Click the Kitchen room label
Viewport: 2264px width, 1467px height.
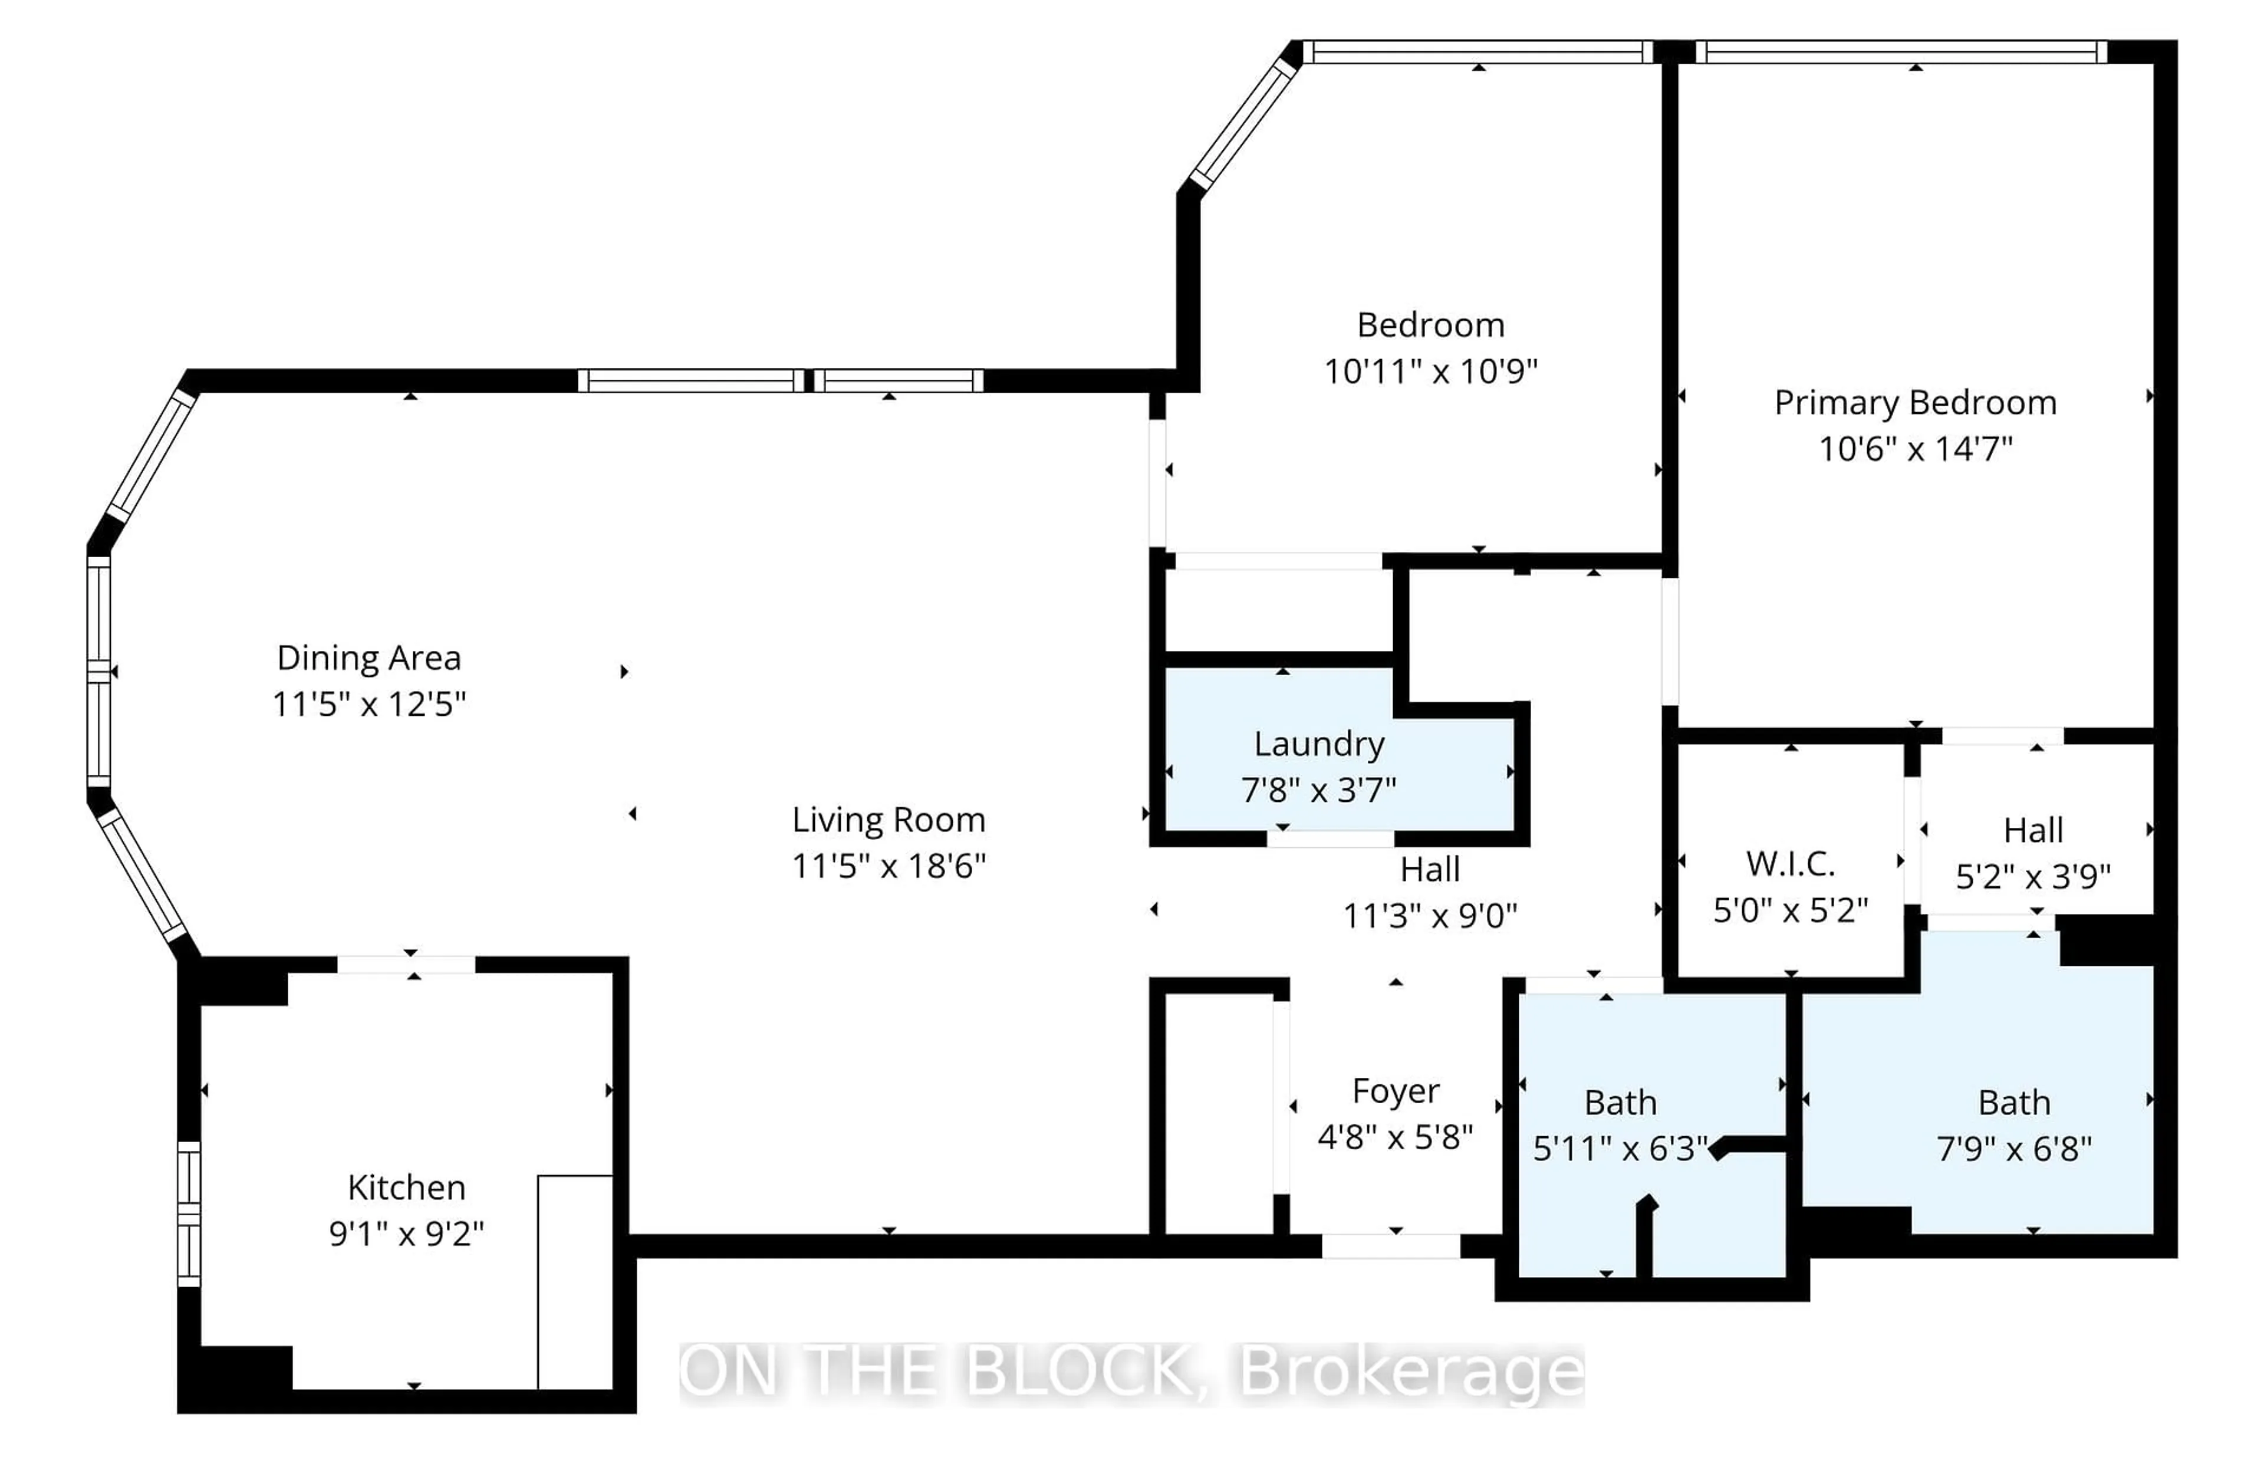406,1188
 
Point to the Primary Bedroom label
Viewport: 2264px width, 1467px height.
1915,403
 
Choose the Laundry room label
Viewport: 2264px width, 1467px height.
1318,744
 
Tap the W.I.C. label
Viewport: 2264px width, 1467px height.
1791,864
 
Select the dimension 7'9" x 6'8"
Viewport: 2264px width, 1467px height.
2014,1149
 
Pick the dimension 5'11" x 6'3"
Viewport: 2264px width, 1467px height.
1620,1149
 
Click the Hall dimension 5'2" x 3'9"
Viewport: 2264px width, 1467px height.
2033,876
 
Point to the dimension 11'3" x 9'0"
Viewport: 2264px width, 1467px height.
1430,916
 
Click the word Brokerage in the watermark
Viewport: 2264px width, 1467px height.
1411,1372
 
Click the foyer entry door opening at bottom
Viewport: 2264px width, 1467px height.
1391,1245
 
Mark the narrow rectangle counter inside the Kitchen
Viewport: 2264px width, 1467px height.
575,1281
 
